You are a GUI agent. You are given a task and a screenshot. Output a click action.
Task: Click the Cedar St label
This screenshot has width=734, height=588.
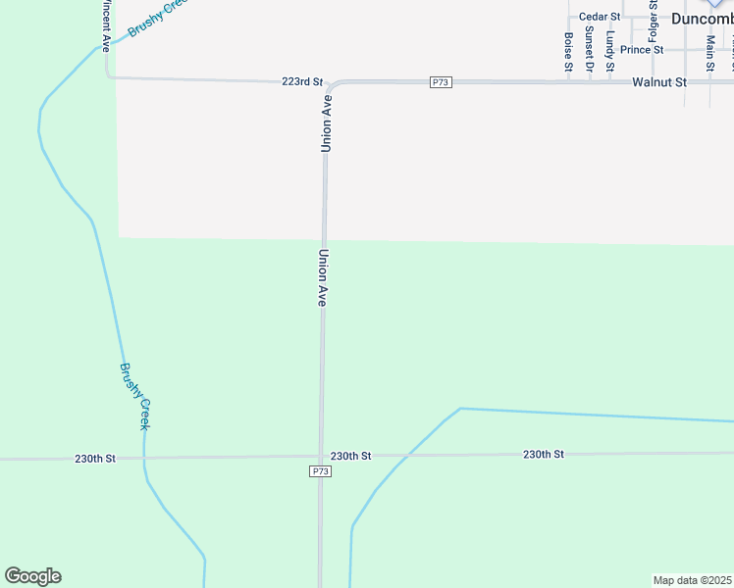pos(600,17)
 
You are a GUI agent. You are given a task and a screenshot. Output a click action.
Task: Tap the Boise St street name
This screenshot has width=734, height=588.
pos(568,52)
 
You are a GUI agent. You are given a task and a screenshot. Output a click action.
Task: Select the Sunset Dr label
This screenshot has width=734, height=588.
pos(589,47)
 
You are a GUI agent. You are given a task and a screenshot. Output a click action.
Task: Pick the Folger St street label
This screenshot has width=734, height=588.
pos(653,26)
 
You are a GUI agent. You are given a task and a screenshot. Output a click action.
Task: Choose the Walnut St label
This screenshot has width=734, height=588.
pos(658,82)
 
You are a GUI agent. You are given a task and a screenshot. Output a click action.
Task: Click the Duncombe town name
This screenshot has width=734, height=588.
pos(702,18)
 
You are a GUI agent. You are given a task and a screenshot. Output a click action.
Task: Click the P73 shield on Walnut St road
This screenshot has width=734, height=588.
pos(441,82)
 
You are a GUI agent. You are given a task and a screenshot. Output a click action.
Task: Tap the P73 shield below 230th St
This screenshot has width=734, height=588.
pos(319,471)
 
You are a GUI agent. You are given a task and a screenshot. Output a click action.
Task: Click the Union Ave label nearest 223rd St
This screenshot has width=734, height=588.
pos(327,122)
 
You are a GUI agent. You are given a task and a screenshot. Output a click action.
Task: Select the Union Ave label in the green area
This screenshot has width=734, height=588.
pos(321,278)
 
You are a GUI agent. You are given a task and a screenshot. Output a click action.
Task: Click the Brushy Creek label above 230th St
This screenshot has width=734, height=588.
pos(135,396)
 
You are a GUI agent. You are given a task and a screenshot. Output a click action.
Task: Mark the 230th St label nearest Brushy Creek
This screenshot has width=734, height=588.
pos(95,459)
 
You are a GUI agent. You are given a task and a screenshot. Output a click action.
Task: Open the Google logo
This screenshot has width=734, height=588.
pos(32,576)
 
